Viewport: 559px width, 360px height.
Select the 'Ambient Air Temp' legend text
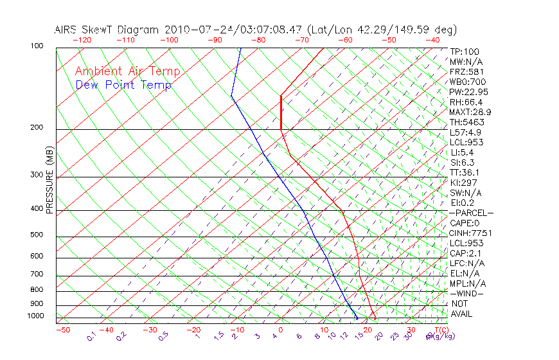128,71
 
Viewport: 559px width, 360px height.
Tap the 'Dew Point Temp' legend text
123,85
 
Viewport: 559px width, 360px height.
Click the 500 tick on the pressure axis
37,235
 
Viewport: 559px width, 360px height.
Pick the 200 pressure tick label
37,127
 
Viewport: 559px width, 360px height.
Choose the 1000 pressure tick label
35,316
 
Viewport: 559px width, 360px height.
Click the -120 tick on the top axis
81,40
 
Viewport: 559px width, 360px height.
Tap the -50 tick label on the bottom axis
62,330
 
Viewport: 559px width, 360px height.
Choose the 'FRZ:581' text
466,71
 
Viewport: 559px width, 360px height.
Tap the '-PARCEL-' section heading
471,213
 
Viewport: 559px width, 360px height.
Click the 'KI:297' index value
463,183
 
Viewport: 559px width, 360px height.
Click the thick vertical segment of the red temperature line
281,112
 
